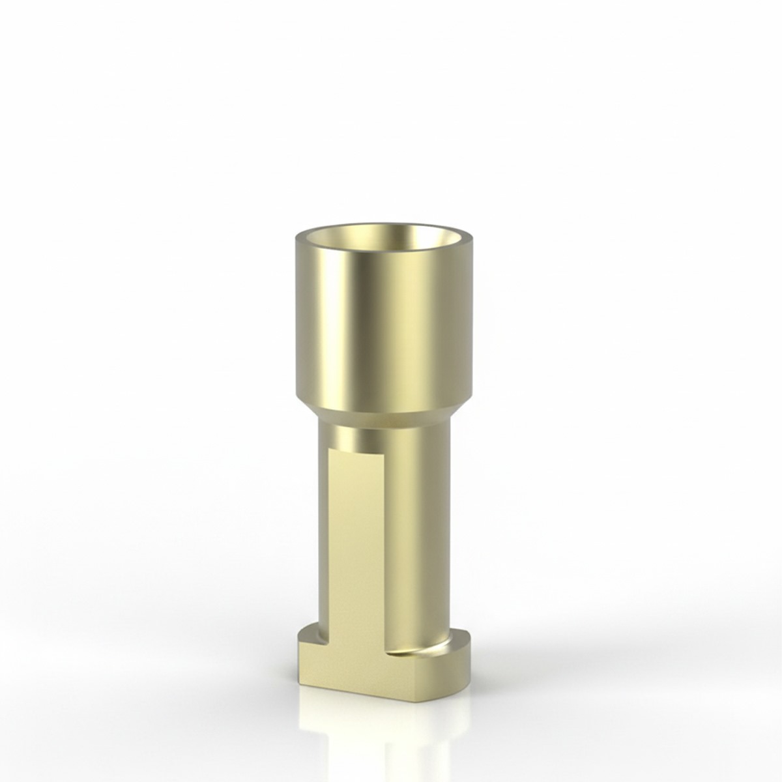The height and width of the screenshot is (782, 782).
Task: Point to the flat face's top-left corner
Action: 331,450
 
